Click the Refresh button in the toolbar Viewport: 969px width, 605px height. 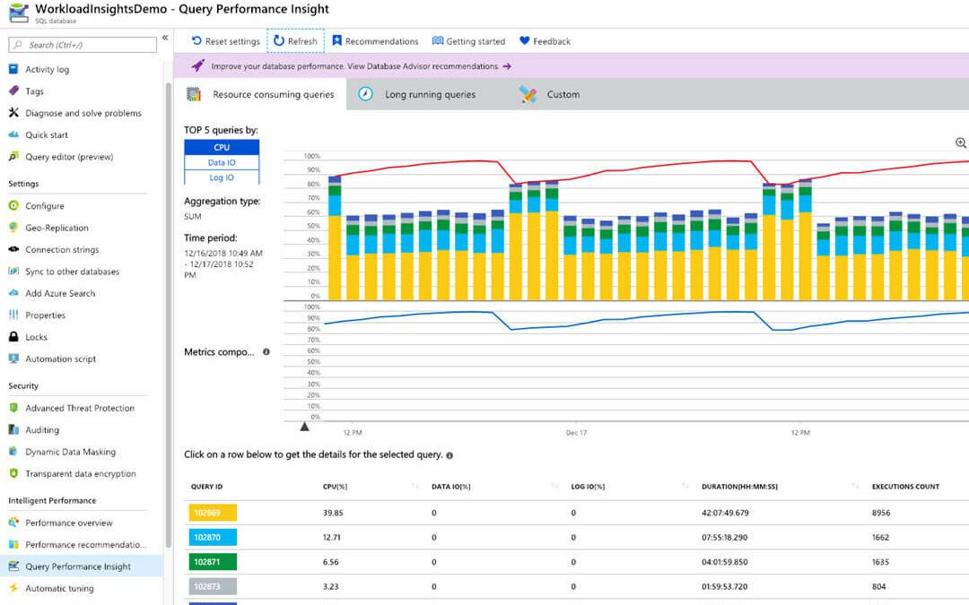point(296,41)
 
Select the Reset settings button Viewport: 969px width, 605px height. point(225,41)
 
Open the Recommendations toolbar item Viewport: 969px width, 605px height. point(375,41)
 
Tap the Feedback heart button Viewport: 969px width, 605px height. point(545,41)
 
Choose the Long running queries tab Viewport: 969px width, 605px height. point(429,94)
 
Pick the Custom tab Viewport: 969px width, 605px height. point(562,94)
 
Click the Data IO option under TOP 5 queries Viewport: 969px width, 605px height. point(222,162)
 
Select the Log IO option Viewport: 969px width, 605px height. point(222,177)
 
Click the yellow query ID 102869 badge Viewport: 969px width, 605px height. point(213,513)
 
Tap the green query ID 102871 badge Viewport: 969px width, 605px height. point(213,562)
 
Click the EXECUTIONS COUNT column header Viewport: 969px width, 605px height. point(905,487)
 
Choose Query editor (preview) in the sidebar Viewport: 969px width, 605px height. point(69,157)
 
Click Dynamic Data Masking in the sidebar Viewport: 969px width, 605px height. point(70,452)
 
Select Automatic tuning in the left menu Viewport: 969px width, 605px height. point(59,589)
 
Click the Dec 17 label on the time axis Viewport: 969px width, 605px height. point(576,433)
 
